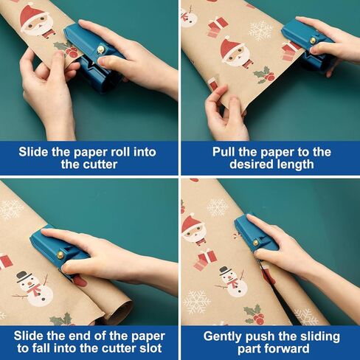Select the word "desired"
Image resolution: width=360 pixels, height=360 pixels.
point(249,164)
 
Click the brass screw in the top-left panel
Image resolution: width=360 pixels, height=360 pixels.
point(100,49)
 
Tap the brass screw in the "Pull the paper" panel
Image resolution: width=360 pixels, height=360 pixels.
point(313,40)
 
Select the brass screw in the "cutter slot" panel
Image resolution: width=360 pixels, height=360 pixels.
point(60,255)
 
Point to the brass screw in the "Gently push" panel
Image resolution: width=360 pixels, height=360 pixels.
point(256,243)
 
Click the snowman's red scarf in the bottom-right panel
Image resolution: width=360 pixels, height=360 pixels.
point(232,283)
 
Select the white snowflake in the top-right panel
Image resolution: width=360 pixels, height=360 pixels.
point(260,31)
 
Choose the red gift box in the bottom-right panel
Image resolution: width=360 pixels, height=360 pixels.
point(205,260)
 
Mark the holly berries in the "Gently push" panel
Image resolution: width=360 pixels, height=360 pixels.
point(258,319)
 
